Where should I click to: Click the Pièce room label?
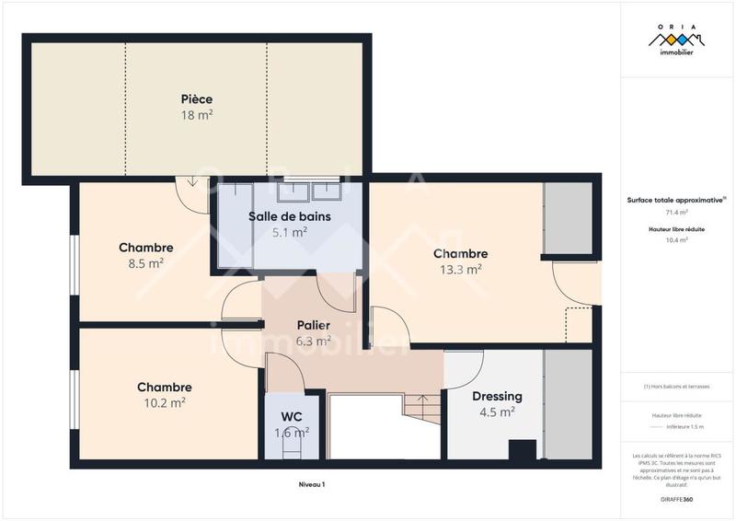[x=197, y=98]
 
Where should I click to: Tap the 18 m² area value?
[x=197, y=115]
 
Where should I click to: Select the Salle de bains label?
[x=290, y=216]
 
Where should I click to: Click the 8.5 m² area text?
[x=145, y=263]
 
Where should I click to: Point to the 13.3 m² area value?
[x=460, y=270]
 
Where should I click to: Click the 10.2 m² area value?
[x=165, y=402]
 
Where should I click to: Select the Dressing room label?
[x=497, y=397]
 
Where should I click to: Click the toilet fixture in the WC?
[x=293, y=447]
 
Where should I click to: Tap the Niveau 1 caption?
[x=312, y=484]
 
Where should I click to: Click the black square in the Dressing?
[x=523, y=450]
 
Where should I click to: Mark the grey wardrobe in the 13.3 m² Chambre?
[x=567, y=218]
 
